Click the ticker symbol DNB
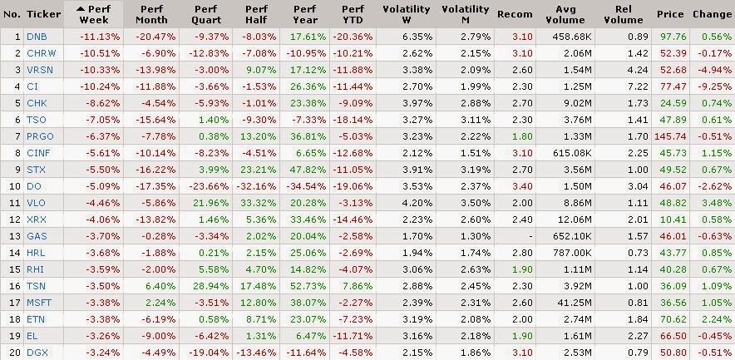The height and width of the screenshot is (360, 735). [x=37, y=37]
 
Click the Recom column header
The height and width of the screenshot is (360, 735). [x=515, y=14]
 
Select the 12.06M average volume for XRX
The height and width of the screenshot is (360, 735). [x=575, y=219]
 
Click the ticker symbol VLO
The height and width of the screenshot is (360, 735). [x=37, y=202]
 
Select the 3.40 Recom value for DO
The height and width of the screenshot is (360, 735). [x=522, y=186]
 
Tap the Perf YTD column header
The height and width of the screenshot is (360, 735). [x=359, y=14]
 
